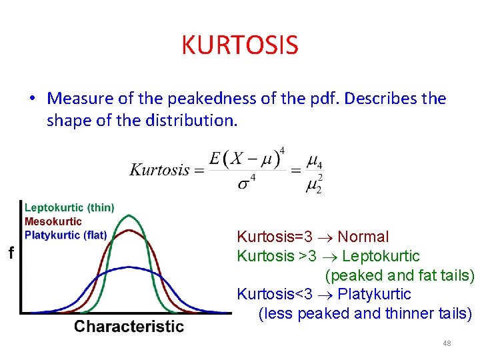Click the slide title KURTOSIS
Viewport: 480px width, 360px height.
[239, 45]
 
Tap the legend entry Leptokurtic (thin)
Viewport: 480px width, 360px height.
[69, 208]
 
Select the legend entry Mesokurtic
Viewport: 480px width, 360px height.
[53, 221]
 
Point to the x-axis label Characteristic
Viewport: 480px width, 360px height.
[129, 327]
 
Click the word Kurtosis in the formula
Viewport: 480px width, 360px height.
[159, 170]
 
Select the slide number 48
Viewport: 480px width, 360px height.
[447, 343]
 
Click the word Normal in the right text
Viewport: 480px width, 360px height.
[363, 237]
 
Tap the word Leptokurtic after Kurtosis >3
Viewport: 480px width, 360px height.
[381, 256]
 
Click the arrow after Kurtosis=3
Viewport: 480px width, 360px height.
[329, 237]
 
